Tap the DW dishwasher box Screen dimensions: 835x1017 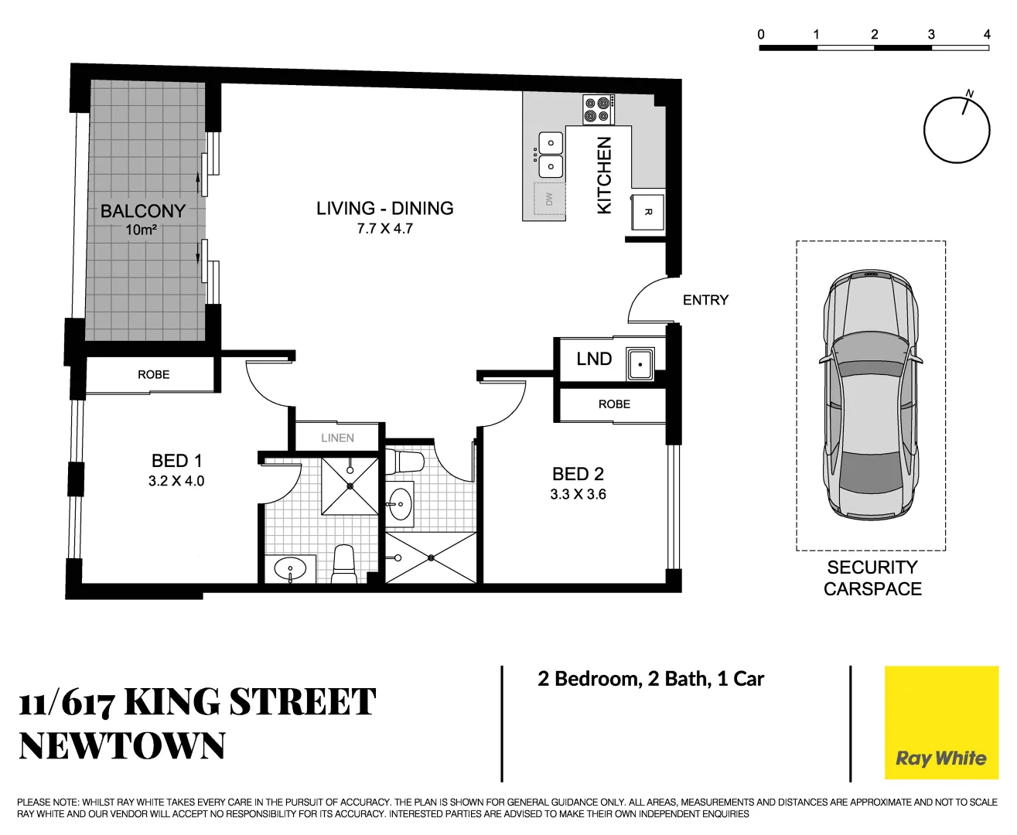click(x=550, y=199)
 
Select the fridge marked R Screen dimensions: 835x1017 click(x=648, y=211)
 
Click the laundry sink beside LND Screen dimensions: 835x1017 click(x=640, y=364)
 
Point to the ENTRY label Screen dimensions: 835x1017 click(x=705, y=300)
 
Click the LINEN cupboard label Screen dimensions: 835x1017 click(x=337, y=438)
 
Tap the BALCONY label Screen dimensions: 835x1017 click(x=143, y=211)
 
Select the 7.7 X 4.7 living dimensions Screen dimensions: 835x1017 click(x=384, y=229)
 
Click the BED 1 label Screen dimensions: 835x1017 click(x=176, y=461)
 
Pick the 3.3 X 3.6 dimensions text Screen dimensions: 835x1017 click(x=578, y=494)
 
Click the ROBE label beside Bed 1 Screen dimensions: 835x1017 click(x=153, y=375)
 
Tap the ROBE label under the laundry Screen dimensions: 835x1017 click(x=614, y=404)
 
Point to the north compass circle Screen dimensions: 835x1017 click(x=957, y=130)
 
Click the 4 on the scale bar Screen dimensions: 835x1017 click(x=987, y=34)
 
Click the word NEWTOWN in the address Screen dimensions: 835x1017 click(x=122, y=746)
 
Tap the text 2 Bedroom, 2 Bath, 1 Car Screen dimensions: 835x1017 click(x=650, y=679)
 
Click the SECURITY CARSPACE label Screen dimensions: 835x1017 click(x=872, y=578)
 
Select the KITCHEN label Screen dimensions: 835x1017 click(x=605, y=176)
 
